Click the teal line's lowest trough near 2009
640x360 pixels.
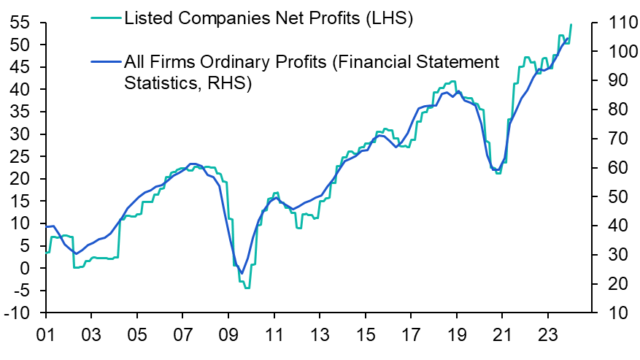tap(247, 288)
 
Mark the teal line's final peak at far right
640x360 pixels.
tap(570, 25)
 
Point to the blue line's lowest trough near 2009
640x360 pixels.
tap(242, 273)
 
